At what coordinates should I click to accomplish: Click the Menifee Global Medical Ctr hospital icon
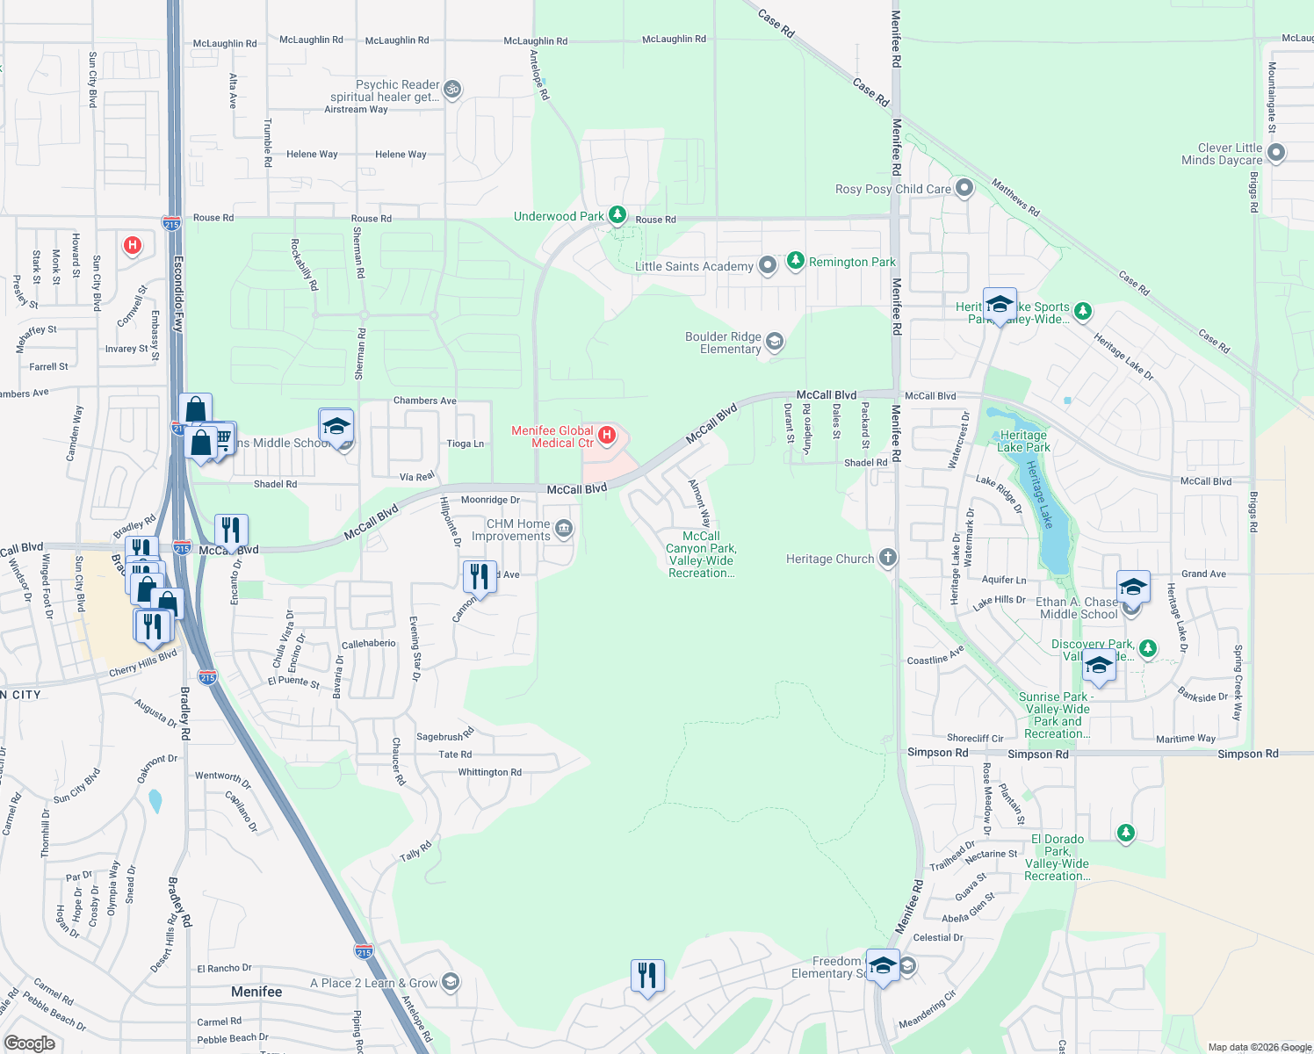pyautogui.click(x=606, y=435)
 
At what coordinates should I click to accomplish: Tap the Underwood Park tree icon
pyautogui.click(x=617, y=215)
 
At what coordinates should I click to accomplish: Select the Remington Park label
pyautogui.click(x=852, y=262)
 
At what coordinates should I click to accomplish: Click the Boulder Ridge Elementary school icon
pyautogui.click(x=774, y=342)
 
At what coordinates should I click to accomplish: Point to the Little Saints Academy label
pyautogui.click(x=694, y=266)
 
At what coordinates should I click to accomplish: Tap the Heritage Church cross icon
pyautogui.click(x=888, y=558)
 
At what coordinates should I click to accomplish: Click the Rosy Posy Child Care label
pyautogui.click(x=892, y=189)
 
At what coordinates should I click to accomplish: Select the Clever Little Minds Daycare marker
pyautogui.click(x=1276, y=154)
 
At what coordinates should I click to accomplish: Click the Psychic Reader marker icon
pyautogui.click(x=451, y=89)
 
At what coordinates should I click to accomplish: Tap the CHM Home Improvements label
pyautogui.click(x=518, y=530)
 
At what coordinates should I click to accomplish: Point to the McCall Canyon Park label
pyautogui.click(x=701, y=554)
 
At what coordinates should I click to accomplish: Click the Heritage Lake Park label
pyautogui.click(x=1024, y=441)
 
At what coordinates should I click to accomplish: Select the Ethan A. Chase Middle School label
pyautogui.click(x=1079, y=608)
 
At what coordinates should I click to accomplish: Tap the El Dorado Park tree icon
pyautogui.click(x=1125, y=833)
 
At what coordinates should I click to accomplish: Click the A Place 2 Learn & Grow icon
pyautogui.click(x=450, y=982)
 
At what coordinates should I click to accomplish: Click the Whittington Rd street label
pyautogui.click(x=489, y=773)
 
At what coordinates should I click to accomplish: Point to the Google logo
pyautogui.click(x=30, y=1043)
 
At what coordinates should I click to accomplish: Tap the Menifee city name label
pyautogui.click(x=256, y=992)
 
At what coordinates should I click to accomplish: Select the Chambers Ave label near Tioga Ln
pyautogui.click(x=424, y=401)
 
